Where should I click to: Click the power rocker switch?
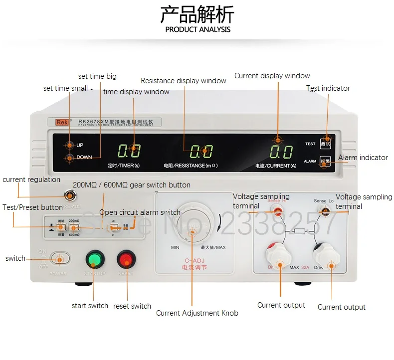pyautogui.click(x=60, y=259)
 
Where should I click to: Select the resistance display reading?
pyautogui.click(x=201, y=151)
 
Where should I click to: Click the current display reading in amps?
pyautogui.click(x=281, y=151)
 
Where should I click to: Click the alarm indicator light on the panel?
pyautogui.click(x=326, y=161)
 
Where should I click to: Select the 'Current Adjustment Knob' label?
pyautogui.click(x=197, y=313)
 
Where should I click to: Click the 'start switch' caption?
pyautogui.click(x=90, y=306)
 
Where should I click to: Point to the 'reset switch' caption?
pyautogui.click(x=132, y=306)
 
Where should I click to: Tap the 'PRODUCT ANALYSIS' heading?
pyautogui.click(x=197, y=29)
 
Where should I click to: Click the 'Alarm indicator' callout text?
pyautogui.click(x=363, y=158)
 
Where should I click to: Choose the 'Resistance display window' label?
pyautogui.click(x=184, y=81)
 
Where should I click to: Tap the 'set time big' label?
pyautogui.click(x=97, y=76)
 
